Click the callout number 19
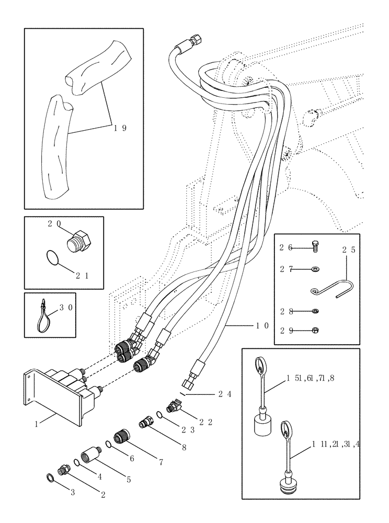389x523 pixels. click(x=120, y=127)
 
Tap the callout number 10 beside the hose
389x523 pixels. click(x=261, y=325)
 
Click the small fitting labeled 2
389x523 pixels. click(x=65, y=469)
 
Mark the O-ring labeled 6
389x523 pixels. click(x=108, y=445)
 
